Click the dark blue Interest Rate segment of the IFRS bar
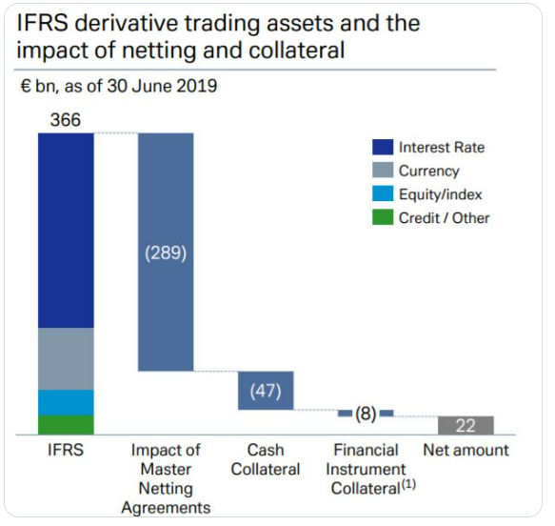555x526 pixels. click(x=66, y=231)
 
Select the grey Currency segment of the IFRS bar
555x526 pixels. click(x=66, y=359)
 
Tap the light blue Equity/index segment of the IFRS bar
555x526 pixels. click(x=66, y=402)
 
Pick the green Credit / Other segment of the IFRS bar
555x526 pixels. click(x=66, y=425)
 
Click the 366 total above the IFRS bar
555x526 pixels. click(x=66, y=120)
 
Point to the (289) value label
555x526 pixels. click(x=166, y=253)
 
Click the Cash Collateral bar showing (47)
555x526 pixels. click(x=266, y=391)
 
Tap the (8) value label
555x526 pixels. click(x=366, y=414)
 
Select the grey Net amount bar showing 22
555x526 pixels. click(x=466, y=425)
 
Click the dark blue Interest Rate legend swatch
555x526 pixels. click(x=383, y=147)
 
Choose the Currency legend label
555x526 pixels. click(x=429, y=171)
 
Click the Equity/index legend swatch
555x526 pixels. click(x=383, y=193)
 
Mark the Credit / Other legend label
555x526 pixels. click(x=445, y=218)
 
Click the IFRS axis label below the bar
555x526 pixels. click(x=66, y=450)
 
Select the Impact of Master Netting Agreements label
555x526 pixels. click(x=166, y=479)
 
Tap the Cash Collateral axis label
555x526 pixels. click(x=266, y=459)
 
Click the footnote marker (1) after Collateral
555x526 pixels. click(x=408, y=484)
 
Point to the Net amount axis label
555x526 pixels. click(x=466, y=450)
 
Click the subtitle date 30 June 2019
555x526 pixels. click(x=162, y=86)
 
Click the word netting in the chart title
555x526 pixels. click(x=159, y=50)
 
